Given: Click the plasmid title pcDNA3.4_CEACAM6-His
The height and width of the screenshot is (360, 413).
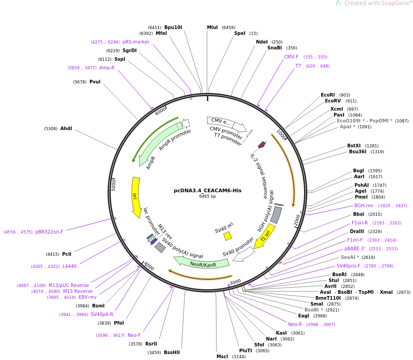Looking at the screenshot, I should (x=207, y=190).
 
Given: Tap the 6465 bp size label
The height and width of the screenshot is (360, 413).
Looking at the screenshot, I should (x=207, y=196).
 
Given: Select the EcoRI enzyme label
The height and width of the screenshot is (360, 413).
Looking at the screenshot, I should (x=328, y=95).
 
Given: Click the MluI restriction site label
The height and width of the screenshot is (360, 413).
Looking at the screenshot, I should (x=212, y=28).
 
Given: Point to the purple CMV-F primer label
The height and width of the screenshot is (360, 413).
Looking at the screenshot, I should (x=291, y=57).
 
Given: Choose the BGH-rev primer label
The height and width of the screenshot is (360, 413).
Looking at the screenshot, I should (x=364, y=206).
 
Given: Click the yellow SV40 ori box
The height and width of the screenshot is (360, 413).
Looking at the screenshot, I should (x=228, y=236).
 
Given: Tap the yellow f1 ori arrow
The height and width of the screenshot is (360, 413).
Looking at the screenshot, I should (x=265, y=235).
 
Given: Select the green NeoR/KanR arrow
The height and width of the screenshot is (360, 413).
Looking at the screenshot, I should (x=202, y=263).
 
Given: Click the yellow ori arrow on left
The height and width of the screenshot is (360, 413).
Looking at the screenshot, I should (x=135, y=197).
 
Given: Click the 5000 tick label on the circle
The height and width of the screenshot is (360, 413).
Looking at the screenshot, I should (x=114, y=185).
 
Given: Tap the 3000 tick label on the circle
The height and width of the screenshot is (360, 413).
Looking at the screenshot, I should (x=235, y=282).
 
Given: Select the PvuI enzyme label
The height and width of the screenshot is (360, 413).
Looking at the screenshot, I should (x=95, y=82).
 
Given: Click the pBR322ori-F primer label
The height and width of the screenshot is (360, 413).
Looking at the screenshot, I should (x=49, y=232).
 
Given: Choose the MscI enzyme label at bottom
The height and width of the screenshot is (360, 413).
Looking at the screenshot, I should (x=222, y=357).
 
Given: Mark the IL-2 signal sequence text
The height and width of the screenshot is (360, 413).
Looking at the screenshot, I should (x=260, y=176).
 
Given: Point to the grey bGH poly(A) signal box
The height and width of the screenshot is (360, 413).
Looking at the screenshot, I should (x=275, y=215).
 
